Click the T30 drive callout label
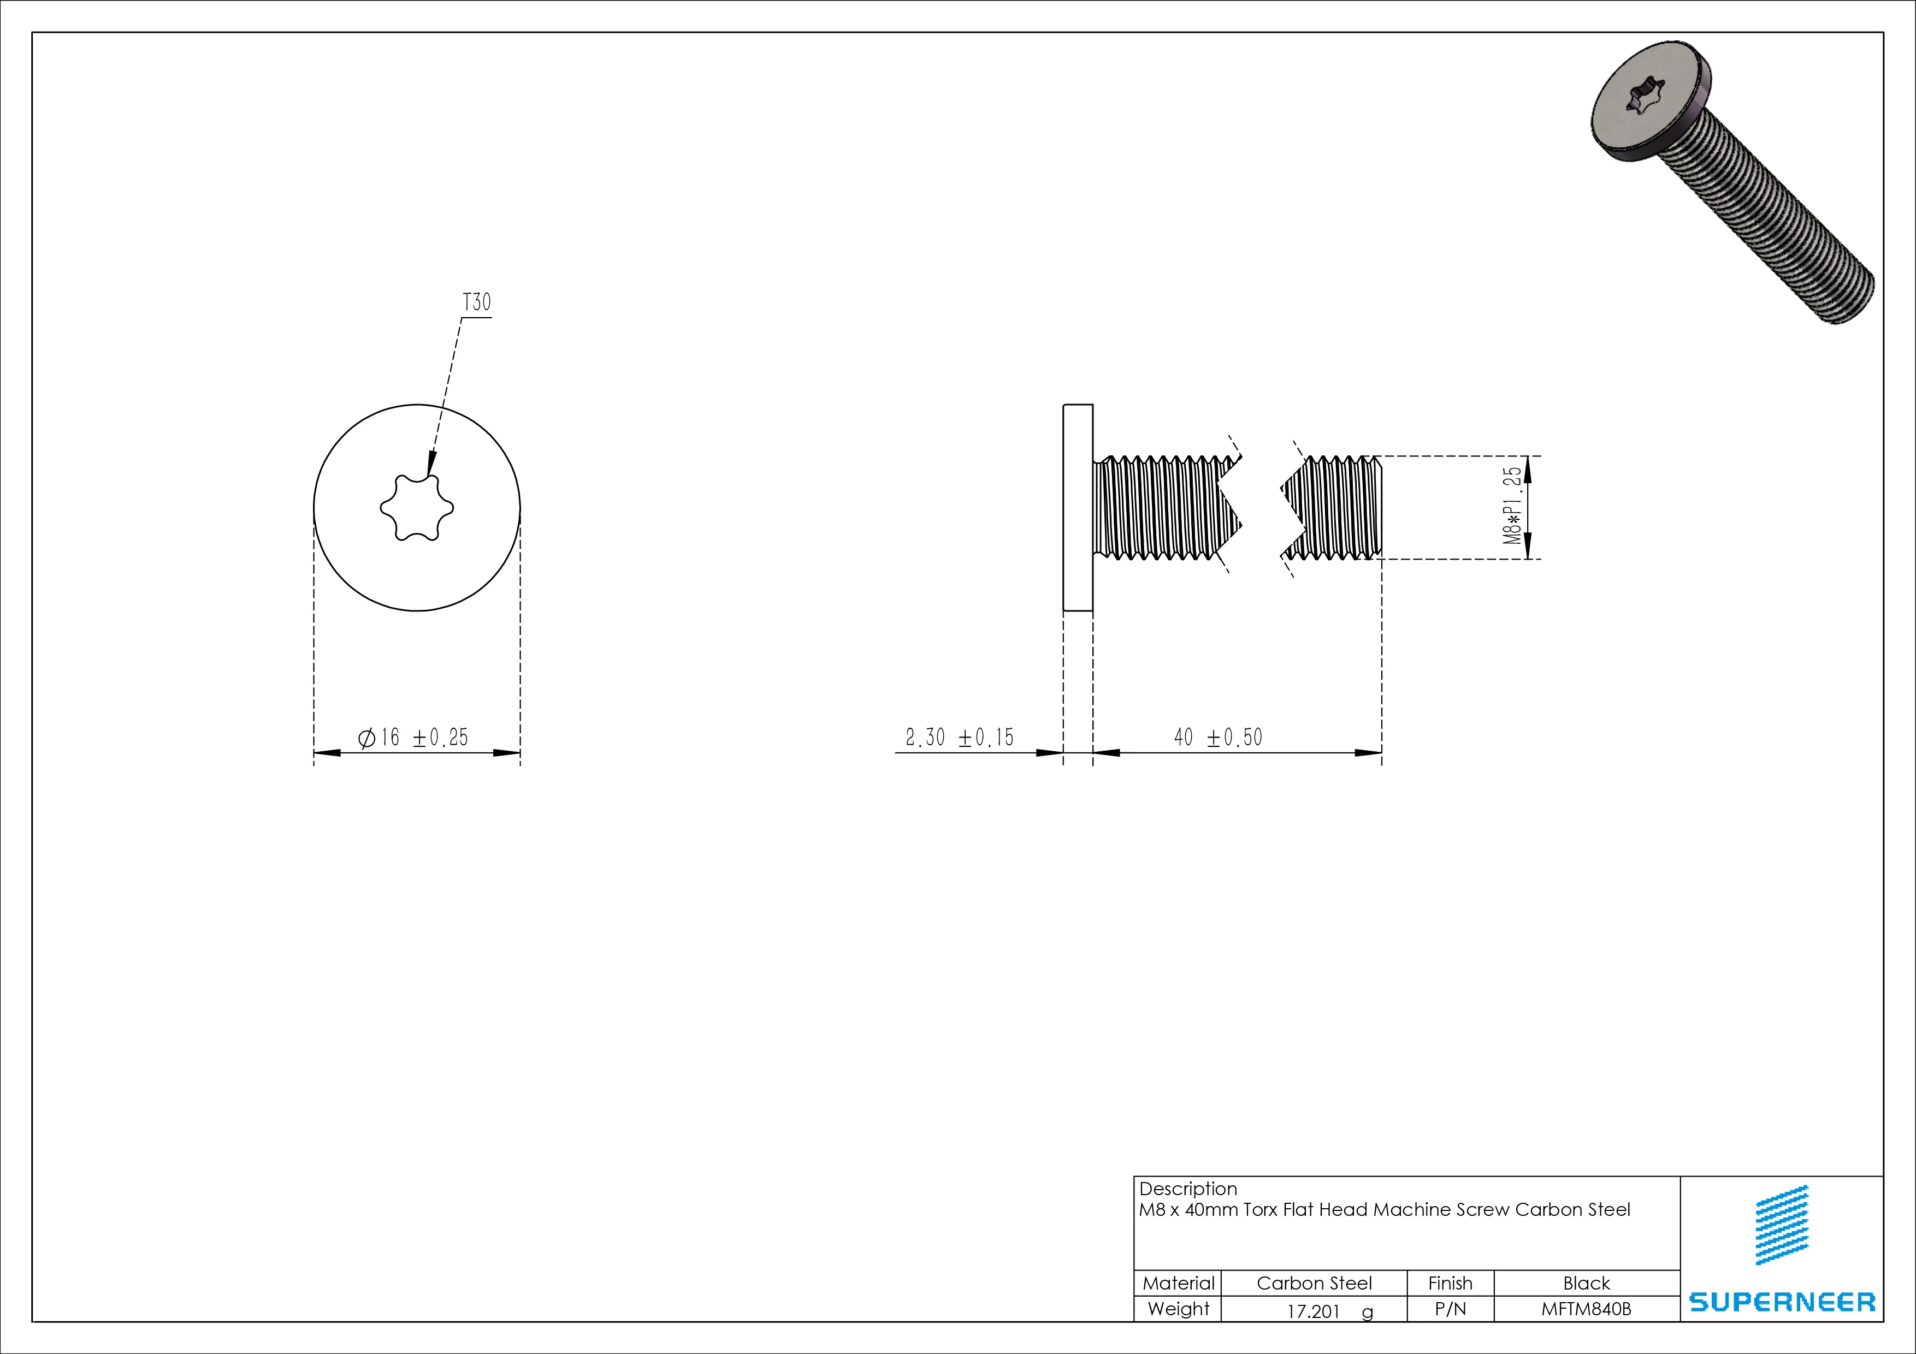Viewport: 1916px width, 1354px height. (476, 302)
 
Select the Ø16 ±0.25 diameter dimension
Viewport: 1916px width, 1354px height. (413, 738)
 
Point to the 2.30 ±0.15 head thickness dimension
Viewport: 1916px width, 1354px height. (960, 738)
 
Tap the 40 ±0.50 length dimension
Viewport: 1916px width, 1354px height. (1219, 738)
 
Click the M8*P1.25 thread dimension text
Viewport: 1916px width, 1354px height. (1512, 506)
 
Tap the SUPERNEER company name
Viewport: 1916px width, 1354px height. (1782, 1302)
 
